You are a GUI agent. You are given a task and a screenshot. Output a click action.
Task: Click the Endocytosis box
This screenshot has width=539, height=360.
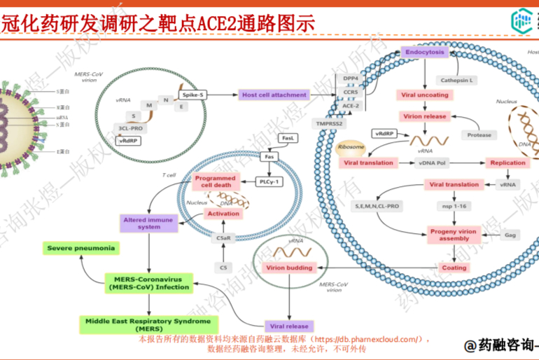coord(423,52)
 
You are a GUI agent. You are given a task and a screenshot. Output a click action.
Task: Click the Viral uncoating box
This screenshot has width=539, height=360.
coord(423,95)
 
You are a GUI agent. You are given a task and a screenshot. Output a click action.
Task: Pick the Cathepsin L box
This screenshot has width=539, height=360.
coord(456,80)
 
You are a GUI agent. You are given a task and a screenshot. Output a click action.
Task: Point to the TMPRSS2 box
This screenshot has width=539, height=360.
coord(330,123)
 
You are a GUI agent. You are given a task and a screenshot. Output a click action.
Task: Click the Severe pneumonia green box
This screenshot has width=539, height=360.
coord(80,248)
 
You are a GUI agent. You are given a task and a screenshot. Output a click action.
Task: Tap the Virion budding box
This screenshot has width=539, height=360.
coord(289,268)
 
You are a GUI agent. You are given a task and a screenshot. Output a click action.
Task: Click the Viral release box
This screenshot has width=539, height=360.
coord(289,326)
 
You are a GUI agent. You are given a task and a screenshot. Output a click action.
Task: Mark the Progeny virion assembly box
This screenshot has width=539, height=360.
coord(453,235)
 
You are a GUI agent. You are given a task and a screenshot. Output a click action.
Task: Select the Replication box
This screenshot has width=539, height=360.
coord(507,162)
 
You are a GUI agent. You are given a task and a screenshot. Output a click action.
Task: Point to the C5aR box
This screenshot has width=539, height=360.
coord(223,238)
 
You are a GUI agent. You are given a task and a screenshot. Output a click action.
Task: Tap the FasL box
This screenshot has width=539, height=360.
coord(287,139)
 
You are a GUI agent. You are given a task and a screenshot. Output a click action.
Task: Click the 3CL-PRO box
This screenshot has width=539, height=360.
coord(131,128)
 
